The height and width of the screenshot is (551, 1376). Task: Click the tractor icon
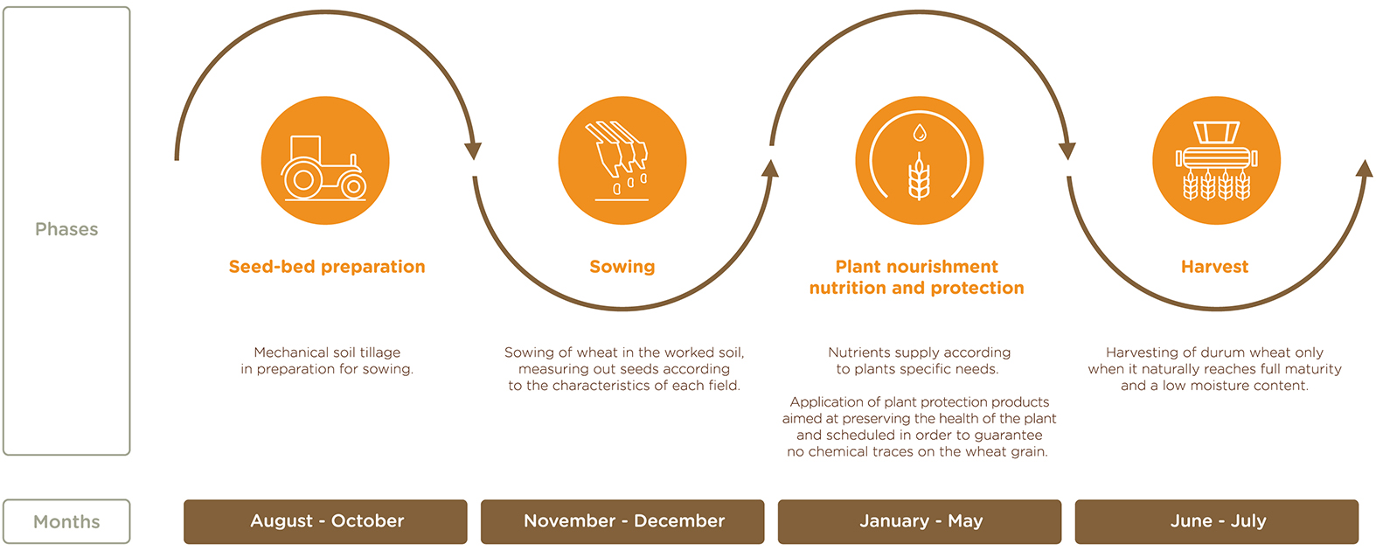324,168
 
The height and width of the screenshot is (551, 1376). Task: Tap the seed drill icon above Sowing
621,161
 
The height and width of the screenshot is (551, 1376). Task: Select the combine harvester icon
1216,161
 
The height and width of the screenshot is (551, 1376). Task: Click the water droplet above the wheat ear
919,132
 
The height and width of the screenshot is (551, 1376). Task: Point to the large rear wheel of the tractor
302,179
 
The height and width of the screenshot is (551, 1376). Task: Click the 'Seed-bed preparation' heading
327,267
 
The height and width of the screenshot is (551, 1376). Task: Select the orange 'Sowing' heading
622,267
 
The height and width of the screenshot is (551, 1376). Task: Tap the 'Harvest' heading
1214,267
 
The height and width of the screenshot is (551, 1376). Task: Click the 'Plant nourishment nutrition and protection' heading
916,277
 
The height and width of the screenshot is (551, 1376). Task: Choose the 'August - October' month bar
325,521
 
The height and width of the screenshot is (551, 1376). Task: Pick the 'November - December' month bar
622,521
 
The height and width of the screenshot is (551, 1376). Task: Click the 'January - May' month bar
920,521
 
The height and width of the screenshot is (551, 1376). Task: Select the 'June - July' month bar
1217,521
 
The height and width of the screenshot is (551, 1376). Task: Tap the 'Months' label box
66,521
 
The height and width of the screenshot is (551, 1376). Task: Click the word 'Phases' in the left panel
66,229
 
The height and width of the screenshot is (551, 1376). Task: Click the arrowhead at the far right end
1365,168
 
